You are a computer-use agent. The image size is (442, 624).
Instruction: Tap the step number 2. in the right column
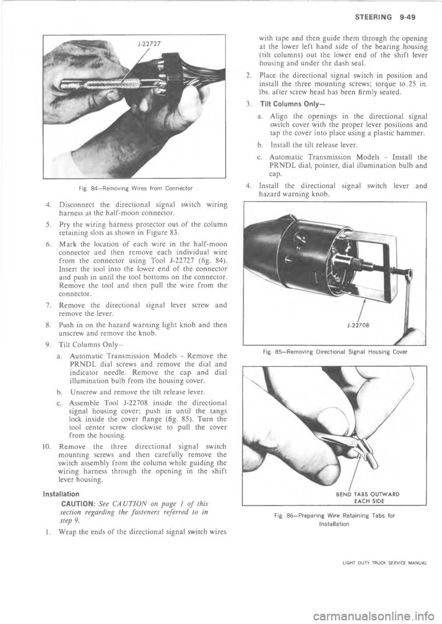tap(248, 76)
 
